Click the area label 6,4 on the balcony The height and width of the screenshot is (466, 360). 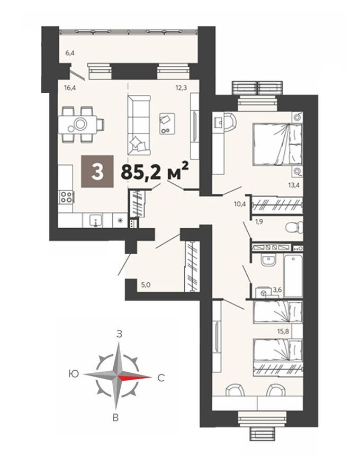point(70,52)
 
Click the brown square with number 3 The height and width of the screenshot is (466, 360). point(97,171)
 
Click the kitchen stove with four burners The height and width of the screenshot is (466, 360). point(66,198)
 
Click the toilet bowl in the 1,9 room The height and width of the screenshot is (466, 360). point(293,228)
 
